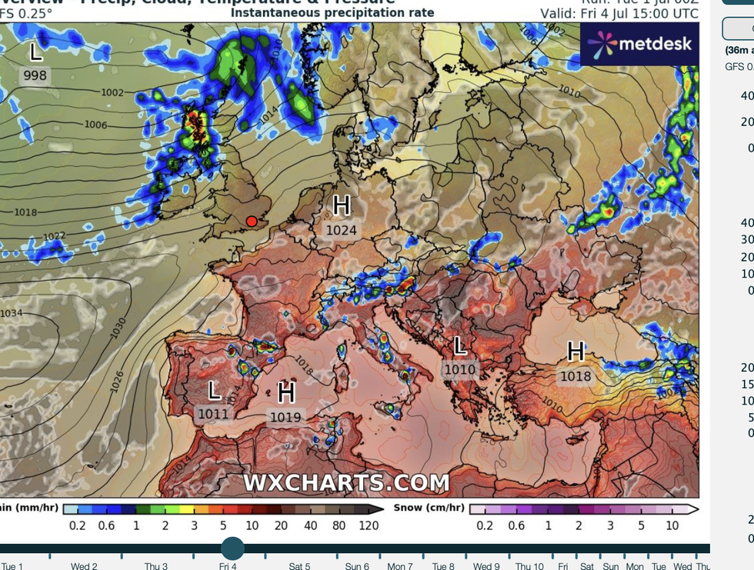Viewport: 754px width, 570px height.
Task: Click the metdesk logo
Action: [639, 44]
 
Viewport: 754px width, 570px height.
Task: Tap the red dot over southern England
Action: [252, 222]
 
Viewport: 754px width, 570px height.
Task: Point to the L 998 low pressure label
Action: [35, 64]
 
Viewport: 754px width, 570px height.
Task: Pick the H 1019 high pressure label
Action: [286, 405]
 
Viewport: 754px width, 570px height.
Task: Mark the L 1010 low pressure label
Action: [460, 358]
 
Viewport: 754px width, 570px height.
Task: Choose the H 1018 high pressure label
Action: [576, 364]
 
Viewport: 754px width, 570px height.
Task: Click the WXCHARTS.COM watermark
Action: [346, 483]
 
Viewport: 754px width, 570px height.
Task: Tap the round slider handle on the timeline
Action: [232, 548]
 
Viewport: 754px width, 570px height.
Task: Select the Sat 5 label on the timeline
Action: [299, 566]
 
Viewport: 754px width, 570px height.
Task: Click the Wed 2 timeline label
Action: [84, 566]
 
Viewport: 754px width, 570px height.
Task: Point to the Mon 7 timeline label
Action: [400, 566]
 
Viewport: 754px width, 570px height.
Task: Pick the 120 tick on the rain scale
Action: [369, 525]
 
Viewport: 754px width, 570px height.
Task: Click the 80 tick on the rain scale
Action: [339, 525]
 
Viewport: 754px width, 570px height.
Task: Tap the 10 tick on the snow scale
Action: [672, 525]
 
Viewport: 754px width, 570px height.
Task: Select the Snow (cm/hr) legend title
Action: [429, 508]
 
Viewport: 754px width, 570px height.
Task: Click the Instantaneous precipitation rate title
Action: [332, 12]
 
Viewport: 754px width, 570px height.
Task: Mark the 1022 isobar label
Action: [55, 237]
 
